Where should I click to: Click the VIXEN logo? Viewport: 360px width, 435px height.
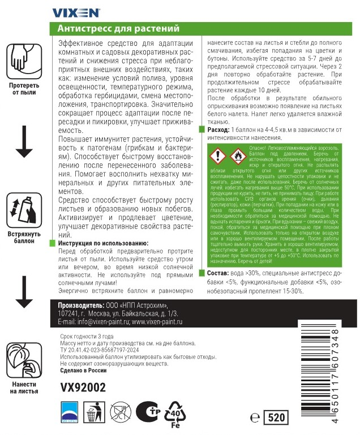point(76,11)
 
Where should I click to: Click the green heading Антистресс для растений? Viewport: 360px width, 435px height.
point(119,28)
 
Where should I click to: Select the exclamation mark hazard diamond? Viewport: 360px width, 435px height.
point(217,155)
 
